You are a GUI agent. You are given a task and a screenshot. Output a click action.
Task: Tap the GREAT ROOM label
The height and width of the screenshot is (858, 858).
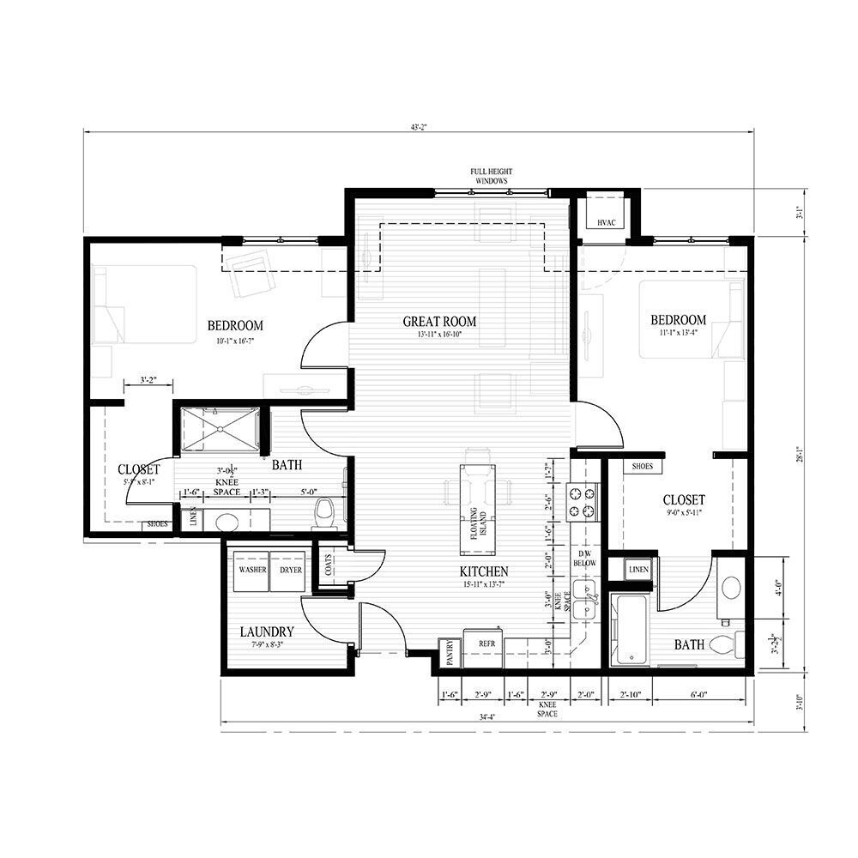point(439,322)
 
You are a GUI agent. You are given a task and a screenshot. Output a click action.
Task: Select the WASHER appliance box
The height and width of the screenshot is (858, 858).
point(251,570)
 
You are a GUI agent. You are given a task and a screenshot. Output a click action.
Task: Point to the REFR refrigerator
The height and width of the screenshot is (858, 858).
point(486,642)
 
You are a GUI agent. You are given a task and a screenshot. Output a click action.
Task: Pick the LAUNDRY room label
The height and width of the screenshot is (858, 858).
point(267,631)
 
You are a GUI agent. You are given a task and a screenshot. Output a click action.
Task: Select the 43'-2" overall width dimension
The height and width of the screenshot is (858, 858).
point(419,127)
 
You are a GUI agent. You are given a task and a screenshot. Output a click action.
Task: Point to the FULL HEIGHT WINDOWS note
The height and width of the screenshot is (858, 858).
point(491,177)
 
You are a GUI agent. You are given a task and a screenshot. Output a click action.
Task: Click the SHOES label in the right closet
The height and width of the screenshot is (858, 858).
point(643,466)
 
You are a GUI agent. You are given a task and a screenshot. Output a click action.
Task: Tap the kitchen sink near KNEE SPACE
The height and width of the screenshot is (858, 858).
point(586,600)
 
